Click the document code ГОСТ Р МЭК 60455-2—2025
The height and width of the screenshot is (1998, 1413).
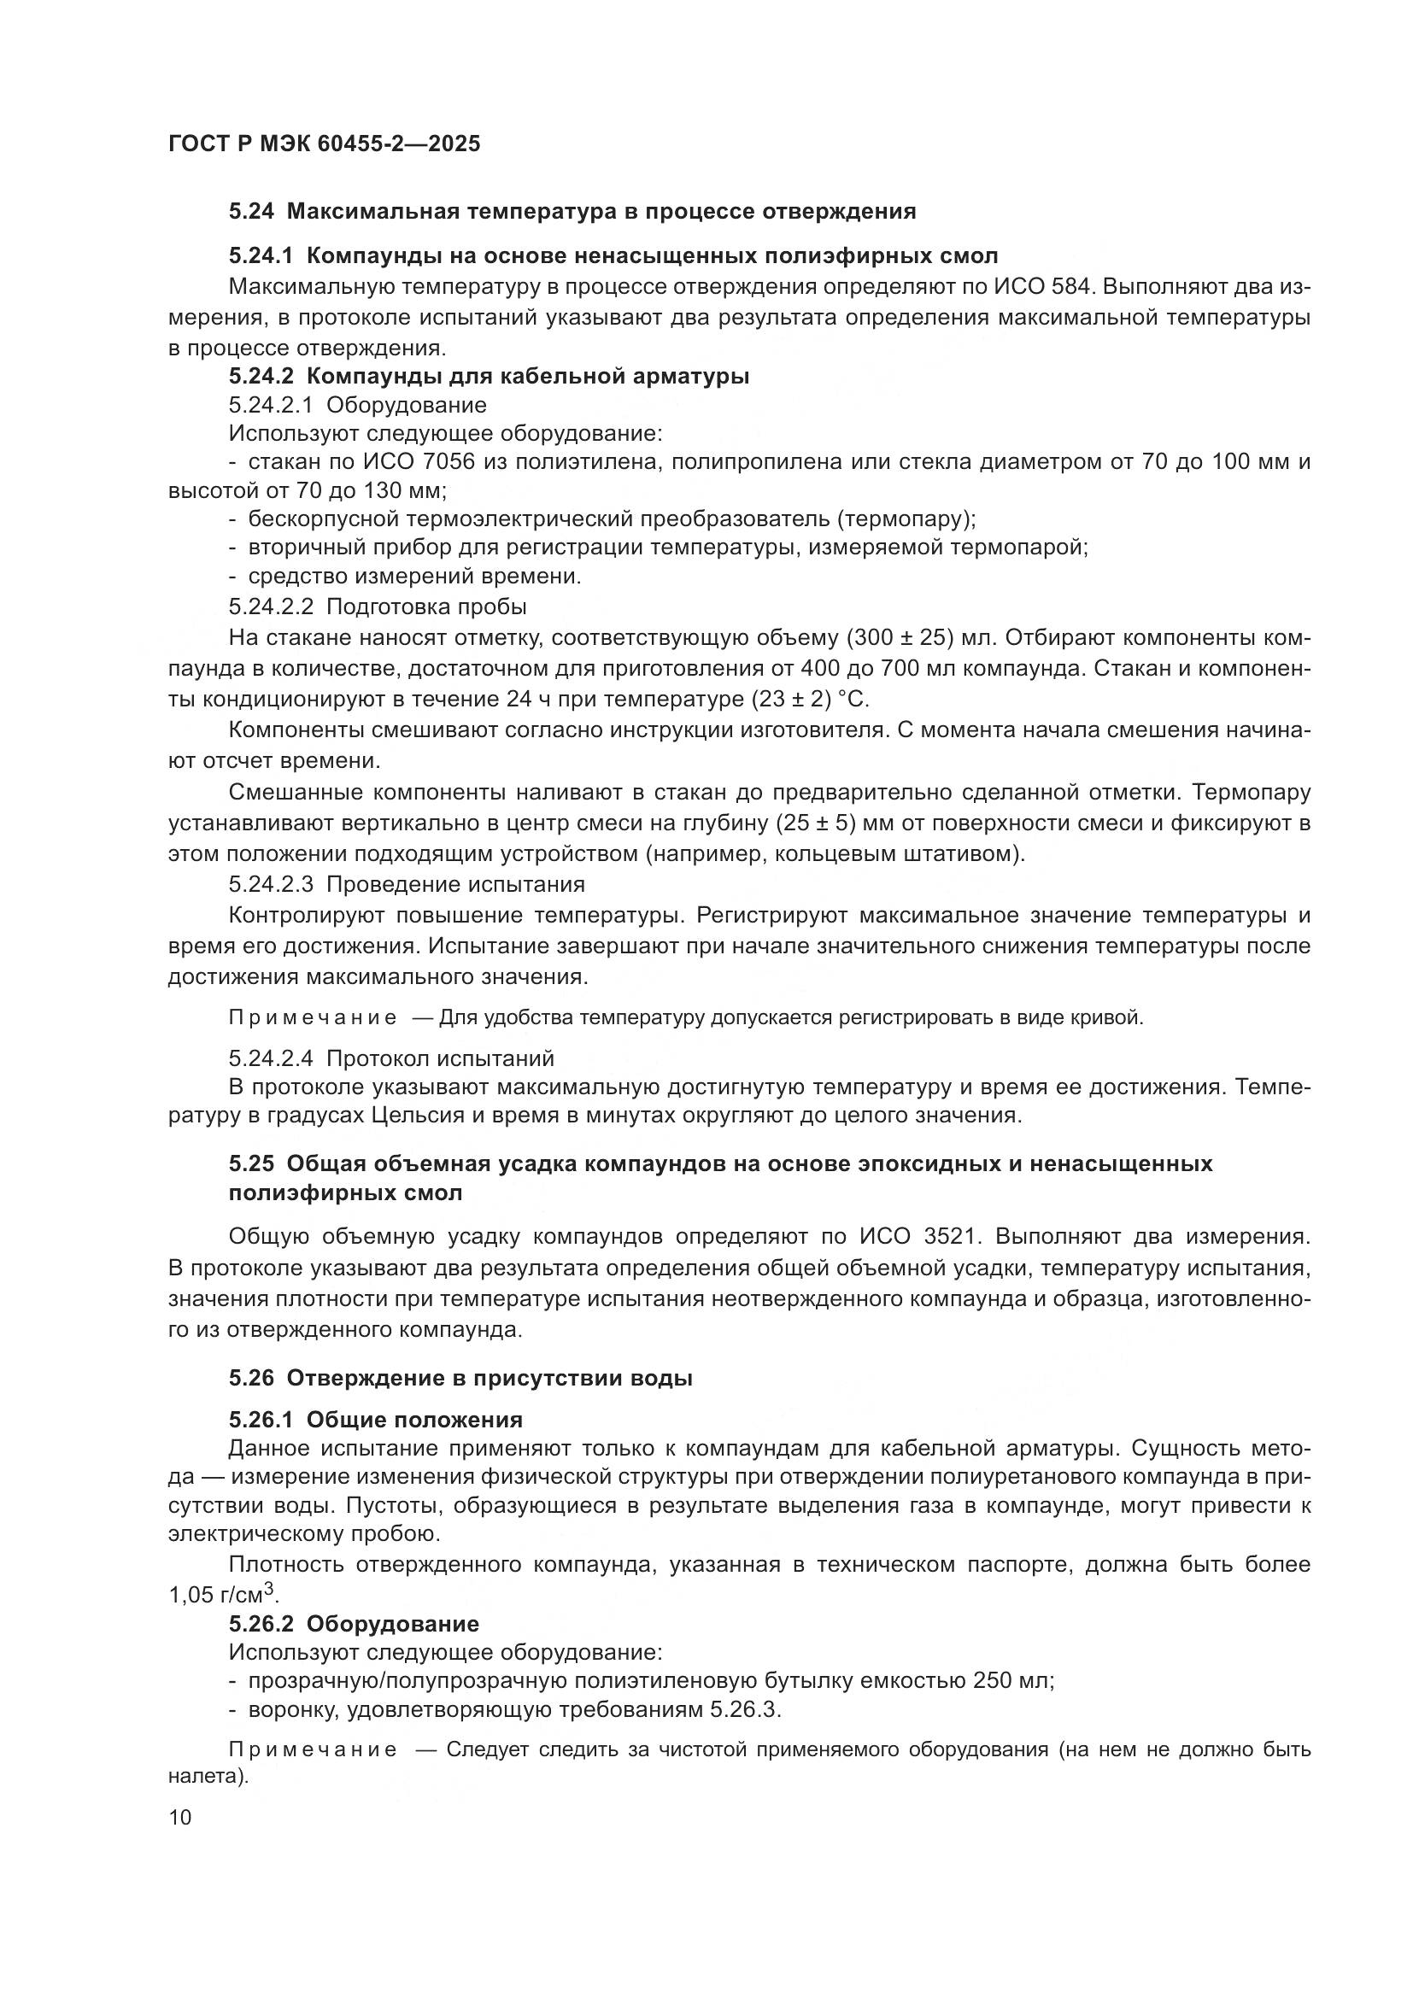click(324, 144)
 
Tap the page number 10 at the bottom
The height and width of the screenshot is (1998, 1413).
click(180, 1817)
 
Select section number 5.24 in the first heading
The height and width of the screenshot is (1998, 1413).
click(251, 212)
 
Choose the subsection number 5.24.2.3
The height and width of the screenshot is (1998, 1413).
click(271, 884)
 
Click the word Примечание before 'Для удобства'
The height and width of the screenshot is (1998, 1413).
click(313, 1017)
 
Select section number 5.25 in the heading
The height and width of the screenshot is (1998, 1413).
click(251, 1163)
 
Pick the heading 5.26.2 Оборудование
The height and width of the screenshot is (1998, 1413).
click(354, 1624)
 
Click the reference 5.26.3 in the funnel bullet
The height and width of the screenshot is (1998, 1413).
click(744, 1709)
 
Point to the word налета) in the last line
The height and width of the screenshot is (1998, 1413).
click(208, 1775)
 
